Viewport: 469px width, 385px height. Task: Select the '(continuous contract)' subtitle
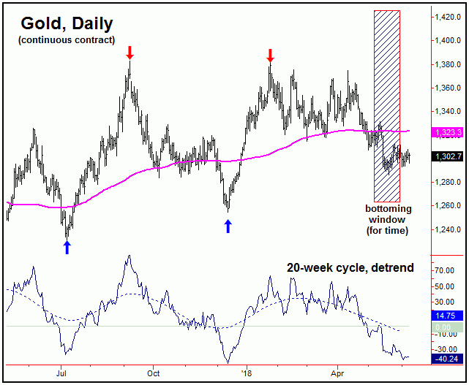(67, 39)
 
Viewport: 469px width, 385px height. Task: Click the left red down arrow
(130, 52)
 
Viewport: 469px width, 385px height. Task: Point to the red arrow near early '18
(270, 55)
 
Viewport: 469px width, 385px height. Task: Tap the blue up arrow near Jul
(67, 248)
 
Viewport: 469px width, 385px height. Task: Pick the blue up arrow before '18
(228, 226)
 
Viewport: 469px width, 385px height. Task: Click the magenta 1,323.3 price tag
(449, 132)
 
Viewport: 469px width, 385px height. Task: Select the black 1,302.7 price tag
(449, 156)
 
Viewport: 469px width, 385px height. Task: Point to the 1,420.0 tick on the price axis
(448, 17)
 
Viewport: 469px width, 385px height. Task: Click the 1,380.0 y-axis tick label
(448, 64)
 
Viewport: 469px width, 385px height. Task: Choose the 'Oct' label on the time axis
(154, 370)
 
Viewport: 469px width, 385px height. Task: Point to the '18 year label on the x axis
(247, 370)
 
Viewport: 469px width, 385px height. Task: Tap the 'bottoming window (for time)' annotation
(388, 219)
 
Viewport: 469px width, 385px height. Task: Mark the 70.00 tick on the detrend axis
(446, 270)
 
